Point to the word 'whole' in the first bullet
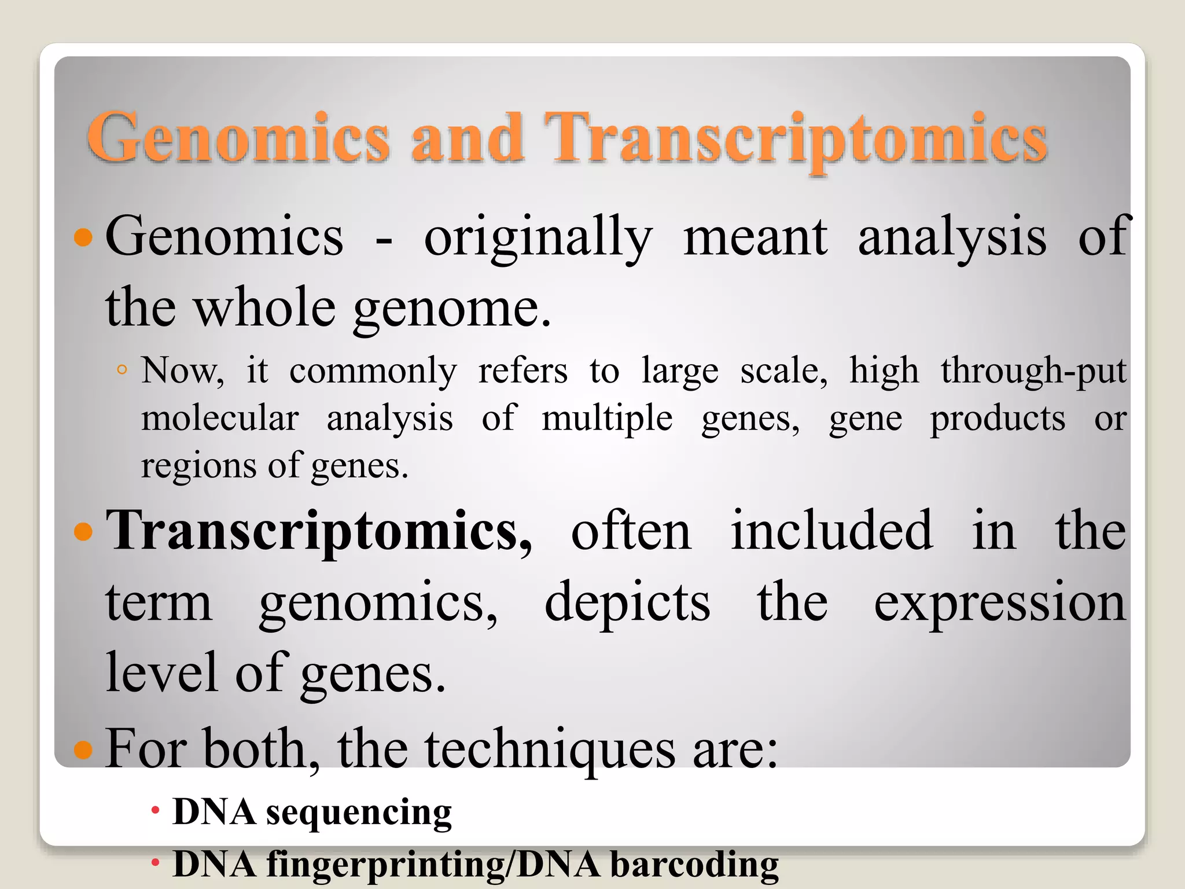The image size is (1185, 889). pyautogui.click(x=264, y=308)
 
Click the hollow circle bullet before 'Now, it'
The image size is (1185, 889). pyautogui.click(x=122, y=370)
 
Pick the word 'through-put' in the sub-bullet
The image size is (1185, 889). pyautogui.click(x=1033, y=372)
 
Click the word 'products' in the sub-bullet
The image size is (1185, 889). pyautogui.click(x=997, y=419)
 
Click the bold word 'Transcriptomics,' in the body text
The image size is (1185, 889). pyautogui.click(x=319, y=531)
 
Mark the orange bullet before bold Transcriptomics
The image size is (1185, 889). pyautogui.click(x=84, y=531)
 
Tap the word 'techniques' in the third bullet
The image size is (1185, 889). pyautogui.click(x=550, y=750)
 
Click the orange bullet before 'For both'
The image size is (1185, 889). pyautogui.click(x=84, y=750)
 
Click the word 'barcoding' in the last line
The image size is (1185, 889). pyautogui.click(x=694, y=865)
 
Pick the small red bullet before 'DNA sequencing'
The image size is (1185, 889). pyautogui.click(x=155, y=810)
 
